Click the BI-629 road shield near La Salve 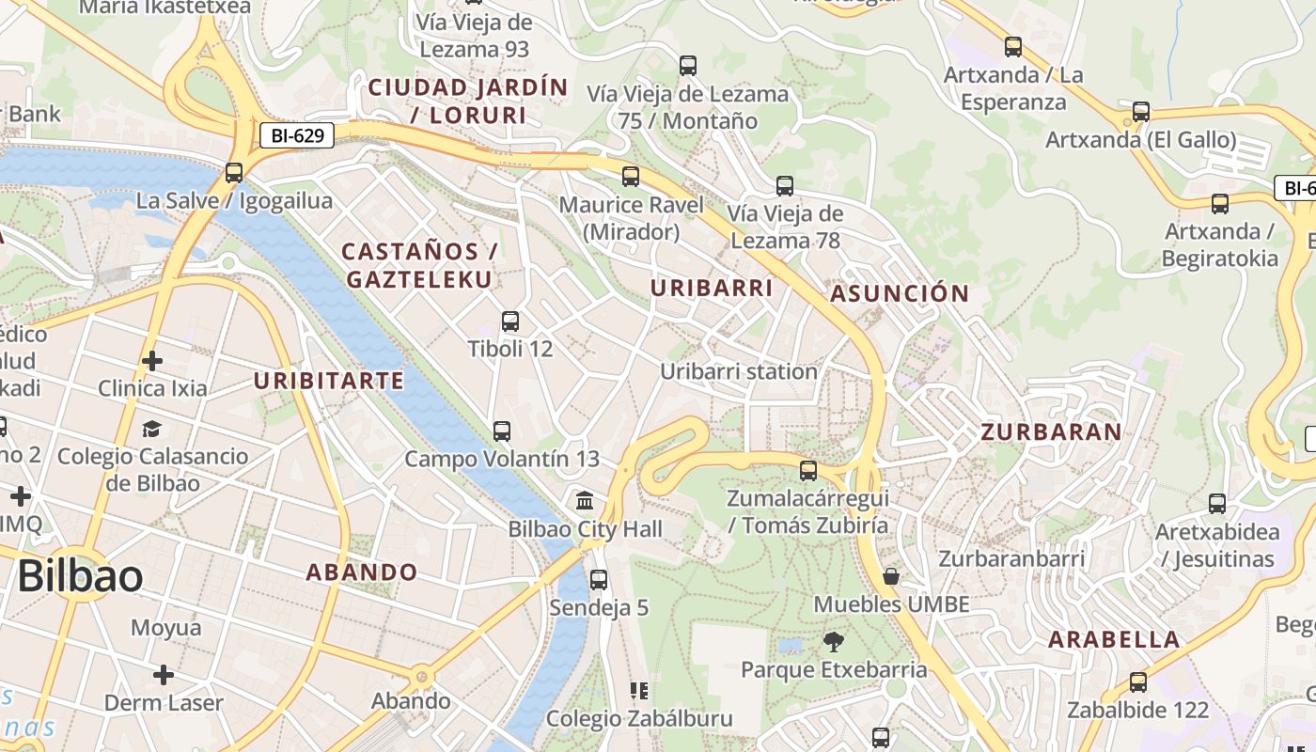(x=297, y=135)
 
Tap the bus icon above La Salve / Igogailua (x=234, y=173)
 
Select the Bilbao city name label (x=80, y=575)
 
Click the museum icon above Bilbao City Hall (x=585, y=499)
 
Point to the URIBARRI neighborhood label (x=712, y=288)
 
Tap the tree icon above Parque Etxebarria (x=833, y=642)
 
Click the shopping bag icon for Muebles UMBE (x=890, y=575)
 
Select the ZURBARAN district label (x=1051, y=431)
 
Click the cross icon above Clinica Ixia (x=152, y=360)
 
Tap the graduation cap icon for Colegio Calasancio (x=152, y=429)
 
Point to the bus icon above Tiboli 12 (x=510, y=321)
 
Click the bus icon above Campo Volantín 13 (x=502, y=431)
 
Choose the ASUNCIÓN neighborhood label (x=900, y=293)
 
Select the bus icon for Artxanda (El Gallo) (x=1141, y=112)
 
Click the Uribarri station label (x=739, y=371)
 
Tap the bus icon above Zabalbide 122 (x=1138, y=682)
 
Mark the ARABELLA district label (x=1114, y=639)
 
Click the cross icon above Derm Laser (x=164, y=675)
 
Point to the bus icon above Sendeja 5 (x=599, y=580)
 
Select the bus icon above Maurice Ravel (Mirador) (x=631, y=177)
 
